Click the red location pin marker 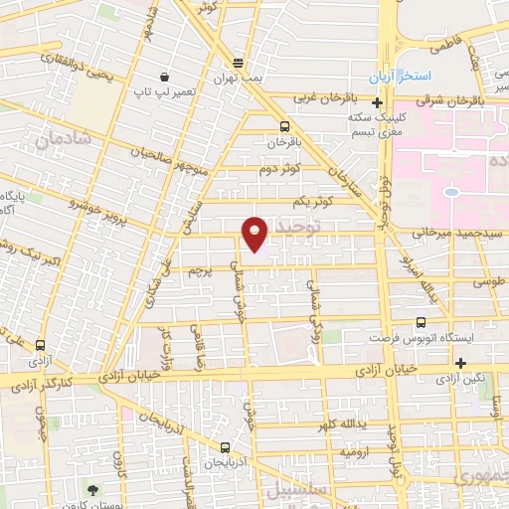[x=255, y=233]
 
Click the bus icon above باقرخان [x=285, y=126]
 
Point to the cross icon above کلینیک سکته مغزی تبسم [x=378, y=102]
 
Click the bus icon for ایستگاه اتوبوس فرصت [x=422, y=322]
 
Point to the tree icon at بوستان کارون [x=92, y=489]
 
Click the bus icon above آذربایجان [x=226, y=447]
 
